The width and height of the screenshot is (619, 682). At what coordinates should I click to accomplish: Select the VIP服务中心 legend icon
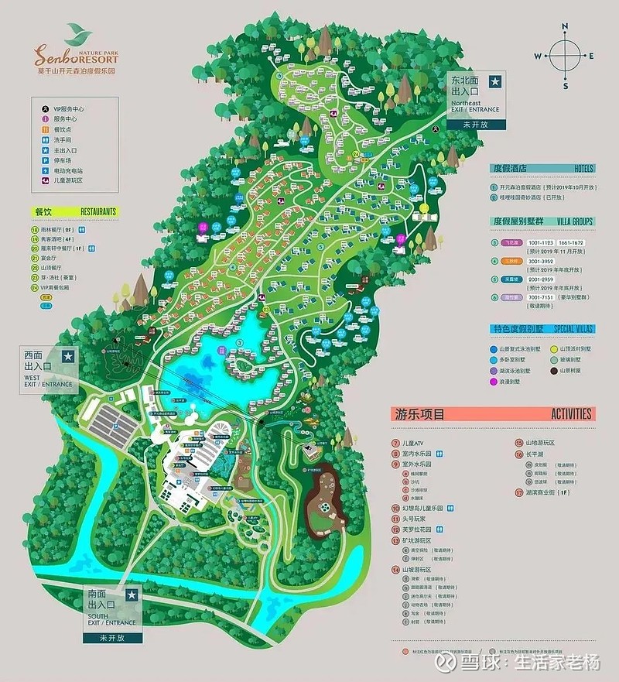(x=46, y=109)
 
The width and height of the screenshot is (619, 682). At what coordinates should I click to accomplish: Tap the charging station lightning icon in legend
(x=46, y=171)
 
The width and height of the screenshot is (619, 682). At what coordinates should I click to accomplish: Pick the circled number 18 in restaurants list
(x=35, y=230)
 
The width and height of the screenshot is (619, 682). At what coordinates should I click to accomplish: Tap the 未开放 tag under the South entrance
(x=111, y=638)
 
